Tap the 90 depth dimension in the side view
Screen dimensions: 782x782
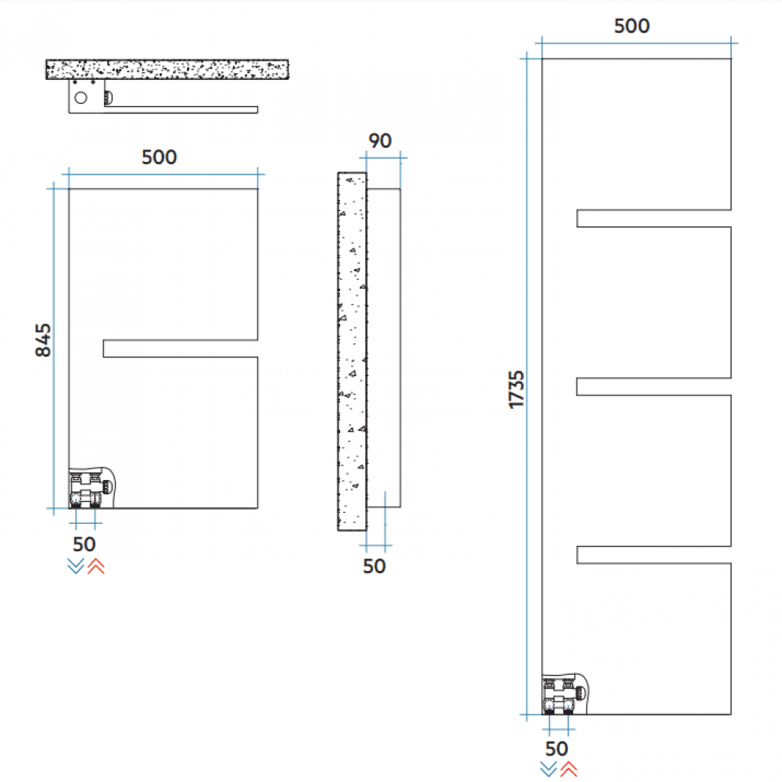(x=380, y=141)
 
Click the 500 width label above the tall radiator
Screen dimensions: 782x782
(x=631, y=26)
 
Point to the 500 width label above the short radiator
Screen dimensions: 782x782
(x=160, y=157)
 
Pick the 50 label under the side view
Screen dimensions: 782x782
(x=375, y=566)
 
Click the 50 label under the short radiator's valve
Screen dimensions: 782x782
(x=84, y=543)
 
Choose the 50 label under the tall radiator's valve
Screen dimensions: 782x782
(x=557, y=749)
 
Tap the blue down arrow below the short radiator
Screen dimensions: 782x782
(x=76, y=567)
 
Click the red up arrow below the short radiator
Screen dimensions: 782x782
(x=95, y=567)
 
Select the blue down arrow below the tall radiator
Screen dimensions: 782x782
(x=548, y=769)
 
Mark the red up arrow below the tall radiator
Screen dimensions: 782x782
(x=569, y=769)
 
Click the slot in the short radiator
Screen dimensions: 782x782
(x=181, y=349)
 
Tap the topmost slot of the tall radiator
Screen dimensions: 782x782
(x=654, y=218)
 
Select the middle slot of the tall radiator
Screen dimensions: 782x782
(x=654, y=386)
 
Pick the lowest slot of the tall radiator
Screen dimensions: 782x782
(x=654, y=554)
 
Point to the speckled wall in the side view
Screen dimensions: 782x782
(x=352, y=352)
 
